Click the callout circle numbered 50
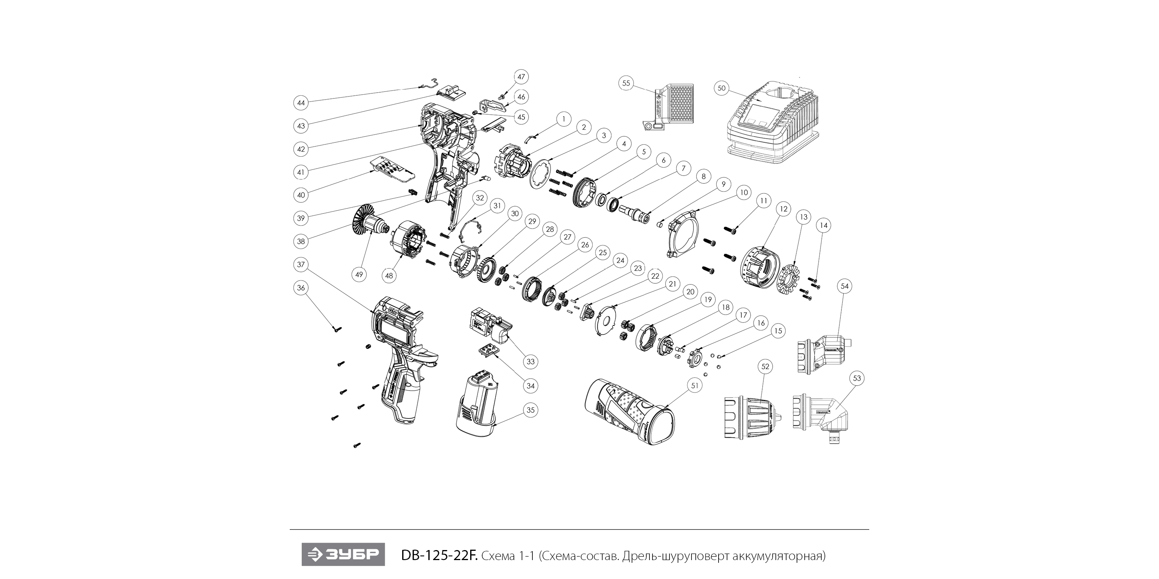[722, 88]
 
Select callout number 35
[531, 410]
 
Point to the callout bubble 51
[695, 385]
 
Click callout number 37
[301, 264]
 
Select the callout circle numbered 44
[301, 103]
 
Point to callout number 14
[823, 225]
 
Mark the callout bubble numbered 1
[563, 119]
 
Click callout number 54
[845, 286]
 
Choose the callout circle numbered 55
[626, 83]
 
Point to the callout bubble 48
[389, 275]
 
